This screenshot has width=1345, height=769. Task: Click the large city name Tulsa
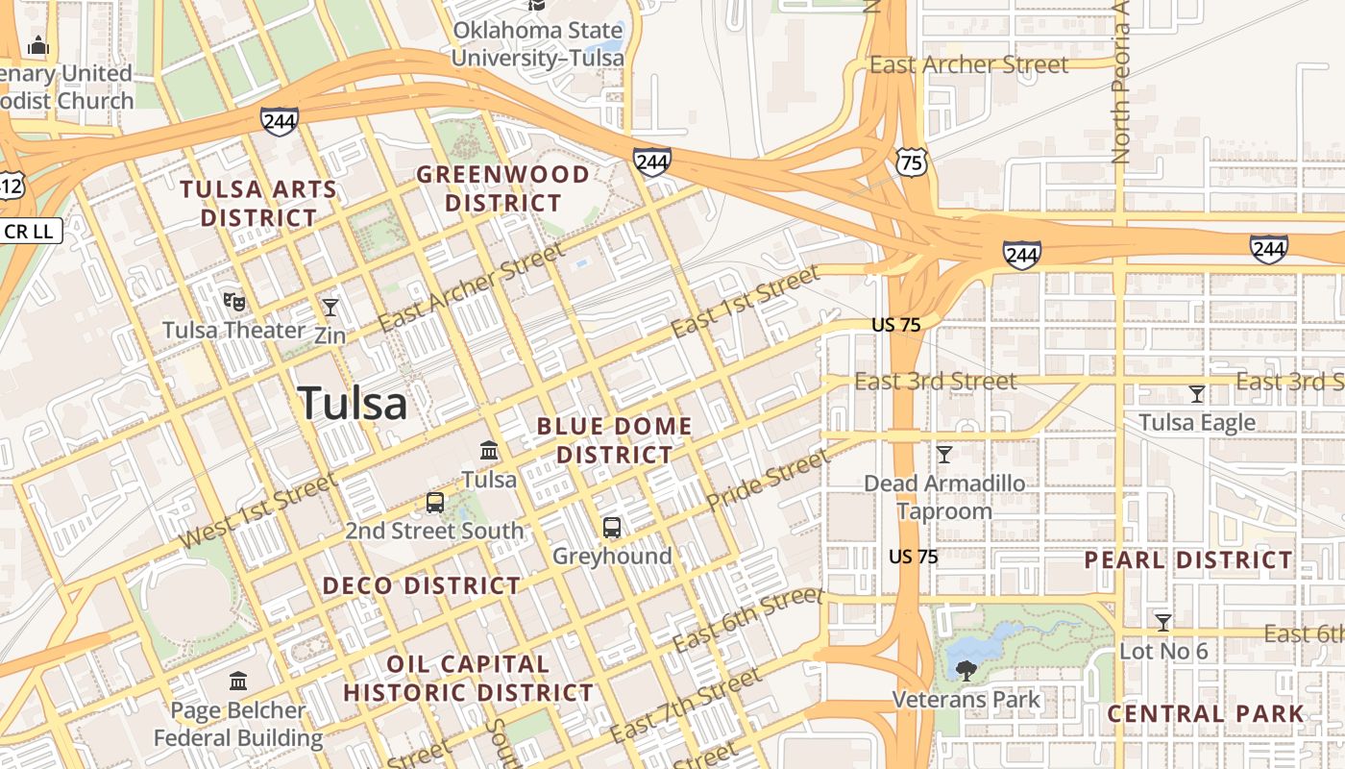[x=353, y=403]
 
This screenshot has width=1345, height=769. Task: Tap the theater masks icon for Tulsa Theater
[x=233, y=302]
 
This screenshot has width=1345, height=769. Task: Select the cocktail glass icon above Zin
[x=330, y=307]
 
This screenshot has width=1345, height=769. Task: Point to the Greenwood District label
[x=502, y=188]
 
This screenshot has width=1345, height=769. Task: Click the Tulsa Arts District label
[x=258, y=203]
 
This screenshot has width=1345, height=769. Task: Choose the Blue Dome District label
[x=615, y=439]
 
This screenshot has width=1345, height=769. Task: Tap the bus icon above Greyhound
[x=612, y=528]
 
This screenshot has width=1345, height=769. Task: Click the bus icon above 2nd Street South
[x=435, y=503]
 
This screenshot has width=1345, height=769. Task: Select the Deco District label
[x=421, y=585]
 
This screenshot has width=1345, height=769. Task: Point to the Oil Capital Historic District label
[x=469, y=678]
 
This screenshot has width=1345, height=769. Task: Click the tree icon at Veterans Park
[x=966, y=670]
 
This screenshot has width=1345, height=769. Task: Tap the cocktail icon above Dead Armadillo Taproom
[x=944, y=454]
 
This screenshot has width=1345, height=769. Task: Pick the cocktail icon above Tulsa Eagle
[x=1197, y=393]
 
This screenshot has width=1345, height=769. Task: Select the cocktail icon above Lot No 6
[x=1163, y=622]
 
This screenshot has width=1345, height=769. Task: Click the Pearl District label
[x=1188, y=560]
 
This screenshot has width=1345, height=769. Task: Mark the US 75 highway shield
[x=911, y=161]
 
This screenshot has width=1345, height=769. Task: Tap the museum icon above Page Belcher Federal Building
[x=238, y=682]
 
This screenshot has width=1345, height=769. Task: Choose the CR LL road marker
[x=32, y=231]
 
